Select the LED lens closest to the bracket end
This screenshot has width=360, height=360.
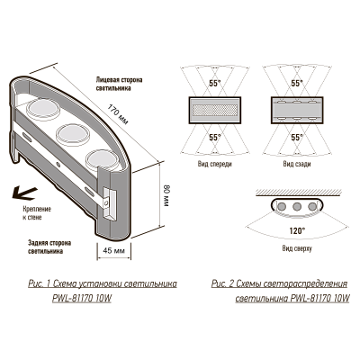click(x=101, y=157)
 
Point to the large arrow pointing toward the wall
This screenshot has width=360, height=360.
click(x=19, y=189)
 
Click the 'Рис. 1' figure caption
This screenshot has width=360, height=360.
click(x=100, y=288)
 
